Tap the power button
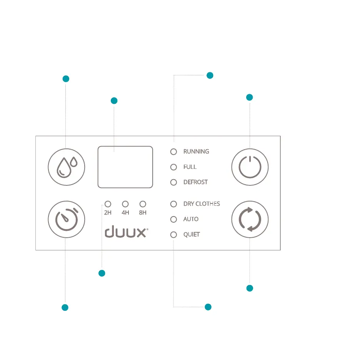[250, 167]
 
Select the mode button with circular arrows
[250, 220]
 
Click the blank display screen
[125, 167]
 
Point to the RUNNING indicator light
[173, 152]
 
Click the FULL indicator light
[173, 167]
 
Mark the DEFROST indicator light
[173, 182]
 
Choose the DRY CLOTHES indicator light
[173, 204]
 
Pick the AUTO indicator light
[173, 219]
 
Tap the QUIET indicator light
[173, 234]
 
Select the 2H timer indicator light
[108, 204]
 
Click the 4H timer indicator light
[125, 204]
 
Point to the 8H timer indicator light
[143, 204]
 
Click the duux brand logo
[126, 232]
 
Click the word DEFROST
[195, 182]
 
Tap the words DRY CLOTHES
[202, 204]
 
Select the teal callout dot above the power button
[249, 97]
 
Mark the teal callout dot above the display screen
[114, 101]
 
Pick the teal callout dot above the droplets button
[66, 79]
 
